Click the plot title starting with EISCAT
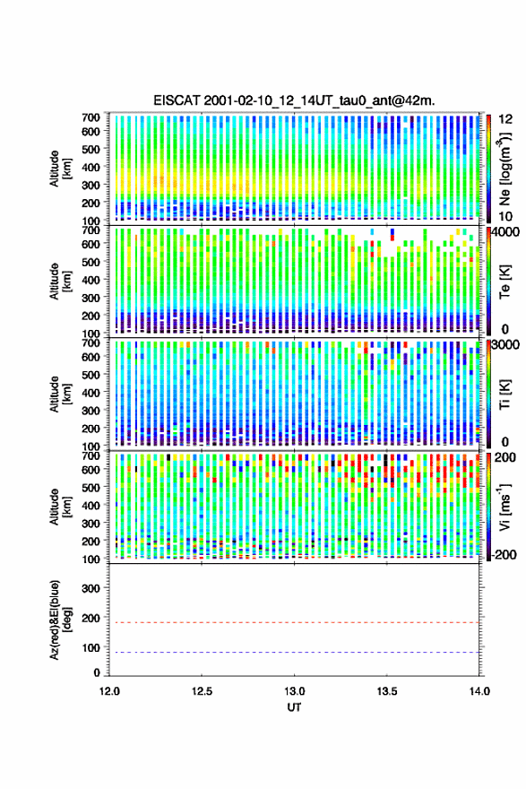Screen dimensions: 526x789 [x=294, y=100]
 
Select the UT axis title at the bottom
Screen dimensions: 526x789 [x=294, y=707]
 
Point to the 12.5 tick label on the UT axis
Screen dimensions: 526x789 [x=202, y=691]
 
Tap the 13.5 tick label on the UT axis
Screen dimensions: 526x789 [x=387, y=691]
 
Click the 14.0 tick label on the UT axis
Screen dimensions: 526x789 [x=479, y=691]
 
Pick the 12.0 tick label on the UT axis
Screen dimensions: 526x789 [x=109, y=691]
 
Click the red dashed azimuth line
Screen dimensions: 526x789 [x=294, y=622]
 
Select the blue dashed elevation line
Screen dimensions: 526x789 [x=294, y=652]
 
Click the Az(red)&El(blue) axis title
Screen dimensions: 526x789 [x=60, y=620]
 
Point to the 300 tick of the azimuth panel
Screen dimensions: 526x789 [x=91, y=588]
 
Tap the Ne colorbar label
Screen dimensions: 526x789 [x=504, y=169]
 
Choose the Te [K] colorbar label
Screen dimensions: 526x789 [x=504, y=282]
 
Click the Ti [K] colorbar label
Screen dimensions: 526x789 [x=504, y=394]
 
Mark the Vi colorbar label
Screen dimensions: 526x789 [x=504, y=507]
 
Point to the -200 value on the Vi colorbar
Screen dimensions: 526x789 [x=504, y=554]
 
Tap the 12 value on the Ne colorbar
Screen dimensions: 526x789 [x=505, y=119]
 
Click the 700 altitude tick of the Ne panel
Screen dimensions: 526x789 [x=91, y=117]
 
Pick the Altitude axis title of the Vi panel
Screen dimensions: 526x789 [x=60, y=507]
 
